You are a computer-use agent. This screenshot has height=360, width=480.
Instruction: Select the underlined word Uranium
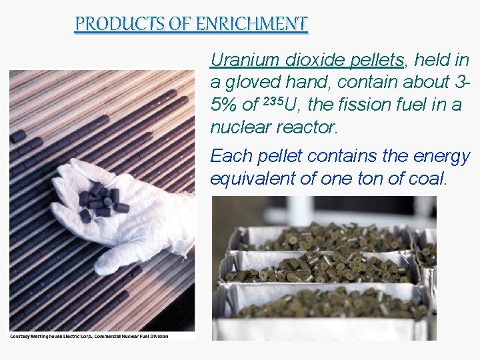click(x=244, y=60)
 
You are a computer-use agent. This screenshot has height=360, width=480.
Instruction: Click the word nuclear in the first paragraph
click(x=238, y=127)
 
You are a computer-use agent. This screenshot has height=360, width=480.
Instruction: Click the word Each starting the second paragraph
click(x=231, y=156)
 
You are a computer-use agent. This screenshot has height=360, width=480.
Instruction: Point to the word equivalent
click(x=248, y=179)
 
